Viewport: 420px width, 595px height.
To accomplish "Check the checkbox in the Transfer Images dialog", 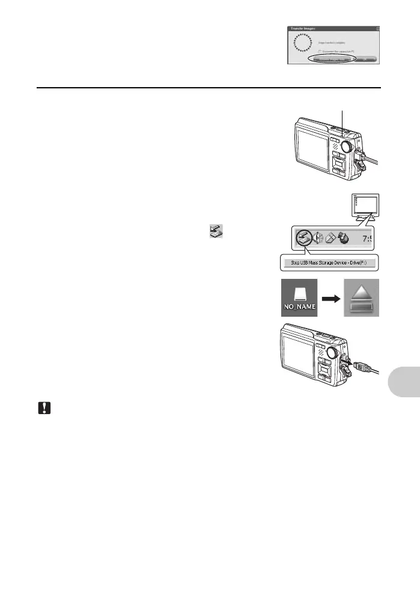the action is [320, 51].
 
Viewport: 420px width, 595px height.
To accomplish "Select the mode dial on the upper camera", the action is [347, 147].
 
